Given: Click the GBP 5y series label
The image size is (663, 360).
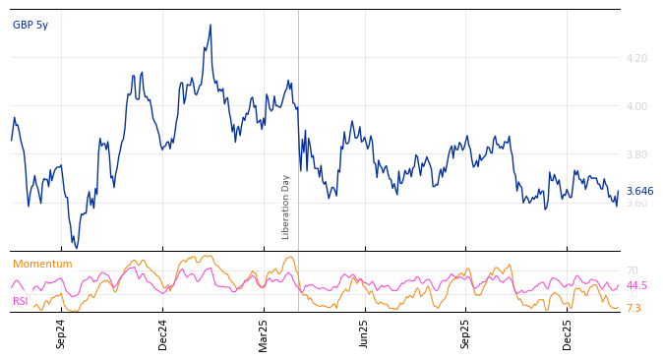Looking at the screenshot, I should pos(30,26).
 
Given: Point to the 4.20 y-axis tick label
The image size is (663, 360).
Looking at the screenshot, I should pos(636,58).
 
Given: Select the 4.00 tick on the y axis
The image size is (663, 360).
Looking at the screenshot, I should pos(636,106).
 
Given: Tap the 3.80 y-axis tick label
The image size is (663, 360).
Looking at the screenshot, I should pos(636,154).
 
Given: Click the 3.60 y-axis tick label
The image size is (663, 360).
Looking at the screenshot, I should pos(636,203).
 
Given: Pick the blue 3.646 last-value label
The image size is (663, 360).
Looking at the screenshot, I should pos(639,192).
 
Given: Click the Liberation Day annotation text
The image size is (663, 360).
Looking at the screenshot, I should pos(286,207).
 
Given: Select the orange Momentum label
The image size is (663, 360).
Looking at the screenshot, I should pos(42,265).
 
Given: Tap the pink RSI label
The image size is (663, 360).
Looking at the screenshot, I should pos(21,302).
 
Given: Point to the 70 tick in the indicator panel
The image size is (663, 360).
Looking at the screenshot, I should pos(632,270).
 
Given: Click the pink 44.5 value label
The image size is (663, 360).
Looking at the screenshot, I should pos(636,285).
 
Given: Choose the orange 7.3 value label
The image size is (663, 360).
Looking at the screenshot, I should pos(633,308).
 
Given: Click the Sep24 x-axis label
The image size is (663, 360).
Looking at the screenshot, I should pos(61,333).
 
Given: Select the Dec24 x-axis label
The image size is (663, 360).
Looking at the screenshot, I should pos(163,333).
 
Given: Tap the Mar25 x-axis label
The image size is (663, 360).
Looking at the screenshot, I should pos(264,333).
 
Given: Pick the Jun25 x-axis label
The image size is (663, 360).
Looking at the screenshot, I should pos(365,333).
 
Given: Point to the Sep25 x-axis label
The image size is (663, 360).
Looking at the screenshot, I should pos(466,333).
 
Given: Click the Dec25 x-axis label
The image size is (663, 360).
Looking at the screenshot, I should pos(568,333).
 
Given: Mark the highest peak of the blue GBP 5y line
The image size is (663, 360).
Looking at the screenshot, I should pos(211,26).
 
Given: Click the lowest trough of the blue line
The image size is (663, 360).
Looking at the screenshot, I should pos(76,247).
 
